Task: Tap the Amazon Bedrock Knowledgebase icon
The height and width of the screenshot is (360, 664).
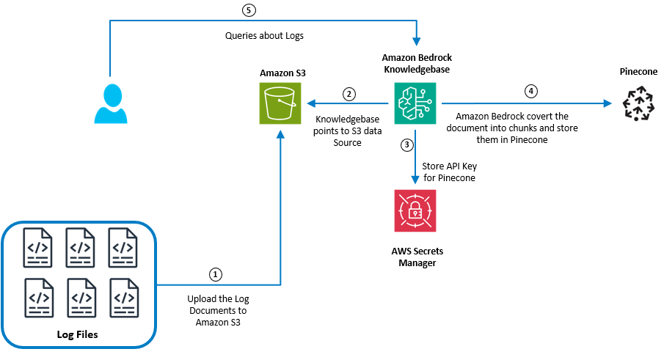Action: tap(415, 103)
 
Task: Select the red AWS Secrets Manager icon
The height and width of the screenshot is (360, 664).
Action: tap(415, 210)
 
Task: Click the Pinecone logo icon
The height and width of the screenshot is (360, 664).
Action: tap(638, 103)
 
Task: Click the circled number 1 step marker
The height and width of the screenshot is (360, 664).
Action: tap(215, 273)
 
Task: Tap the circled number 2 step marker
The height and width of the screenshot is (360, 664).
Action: tap(349, 94)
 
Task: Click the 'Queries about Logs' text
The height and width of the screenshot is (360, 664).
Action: tap(264, 35)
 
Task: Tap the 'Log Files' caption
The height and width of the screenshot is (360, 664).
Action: tap(77, 334)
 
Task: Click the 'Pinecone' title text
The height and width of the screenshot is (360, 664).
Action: tap(637, 72)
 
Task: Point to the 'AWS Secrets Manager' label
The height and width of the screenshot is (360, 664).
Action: tap(417, 257)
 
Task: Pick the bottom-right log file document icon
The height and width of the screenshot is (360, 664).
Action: tap(123, 297)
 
